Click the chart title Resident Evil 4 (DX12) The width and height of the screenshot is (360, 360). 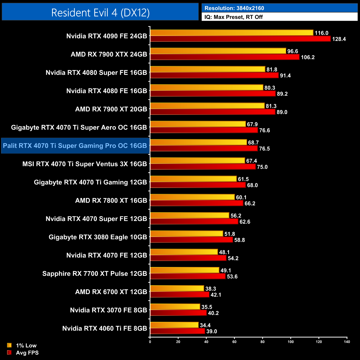point(100,13)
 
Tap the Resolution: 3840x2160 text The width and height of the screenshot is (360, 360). point(234,8)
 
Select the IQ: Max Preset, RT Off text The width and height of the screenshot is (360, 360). point(233,17)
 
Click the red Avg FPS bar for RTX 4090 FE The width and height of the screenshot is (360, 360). point(240,39)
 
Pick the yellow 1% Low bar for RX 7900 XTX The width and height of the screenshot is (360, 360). point(218,51)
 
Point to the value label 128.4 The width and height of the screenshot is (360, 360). point(339,39)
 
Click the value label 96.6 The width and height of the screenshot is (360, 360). point(292,51)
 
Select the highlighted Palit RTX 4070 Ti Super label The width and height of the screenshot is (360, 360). point(75,146)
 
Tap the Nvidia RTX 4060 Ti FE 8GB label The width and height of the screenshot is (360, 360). point(104,328)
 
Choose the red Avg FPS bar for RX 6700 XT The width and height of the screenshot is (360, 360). point(180,295)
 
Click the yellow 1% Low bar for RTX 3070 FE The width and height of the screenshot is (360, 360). point(175,307)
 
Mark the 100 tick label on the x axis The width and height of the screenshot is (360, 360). point(290,342)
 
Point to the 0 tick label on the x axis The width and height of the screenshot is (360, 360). point(150,342)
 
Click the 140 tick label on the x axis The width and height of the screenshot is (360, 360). point(347,342)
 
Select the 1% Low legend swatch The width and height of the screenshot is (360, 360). point(9,345)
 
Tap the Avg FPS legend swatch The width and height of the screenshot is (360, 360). point(9,353)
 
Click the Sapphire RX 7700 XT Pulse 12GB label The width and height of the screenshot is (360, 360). point(94,274)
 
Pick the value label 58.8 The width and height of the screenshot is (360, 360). point(240,240)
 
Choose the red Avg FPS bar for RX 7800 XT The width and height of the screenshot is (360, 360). point(197,203)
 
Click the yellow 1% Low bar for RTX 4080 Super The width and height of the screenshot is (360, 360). point(208,69)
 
